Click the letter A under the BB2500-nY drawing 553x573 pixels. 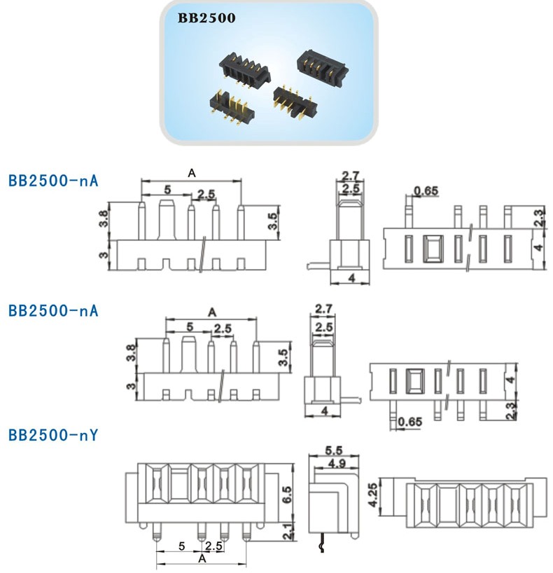point(202,559)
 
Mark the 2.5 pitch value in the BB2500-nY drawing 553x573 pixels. point(214,545)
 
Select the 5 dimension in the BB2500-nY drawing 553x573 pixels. point(181,545)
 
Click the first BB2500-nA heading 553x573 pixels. point(52,181)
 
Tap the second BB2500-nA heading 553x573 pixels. point(52,310)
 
